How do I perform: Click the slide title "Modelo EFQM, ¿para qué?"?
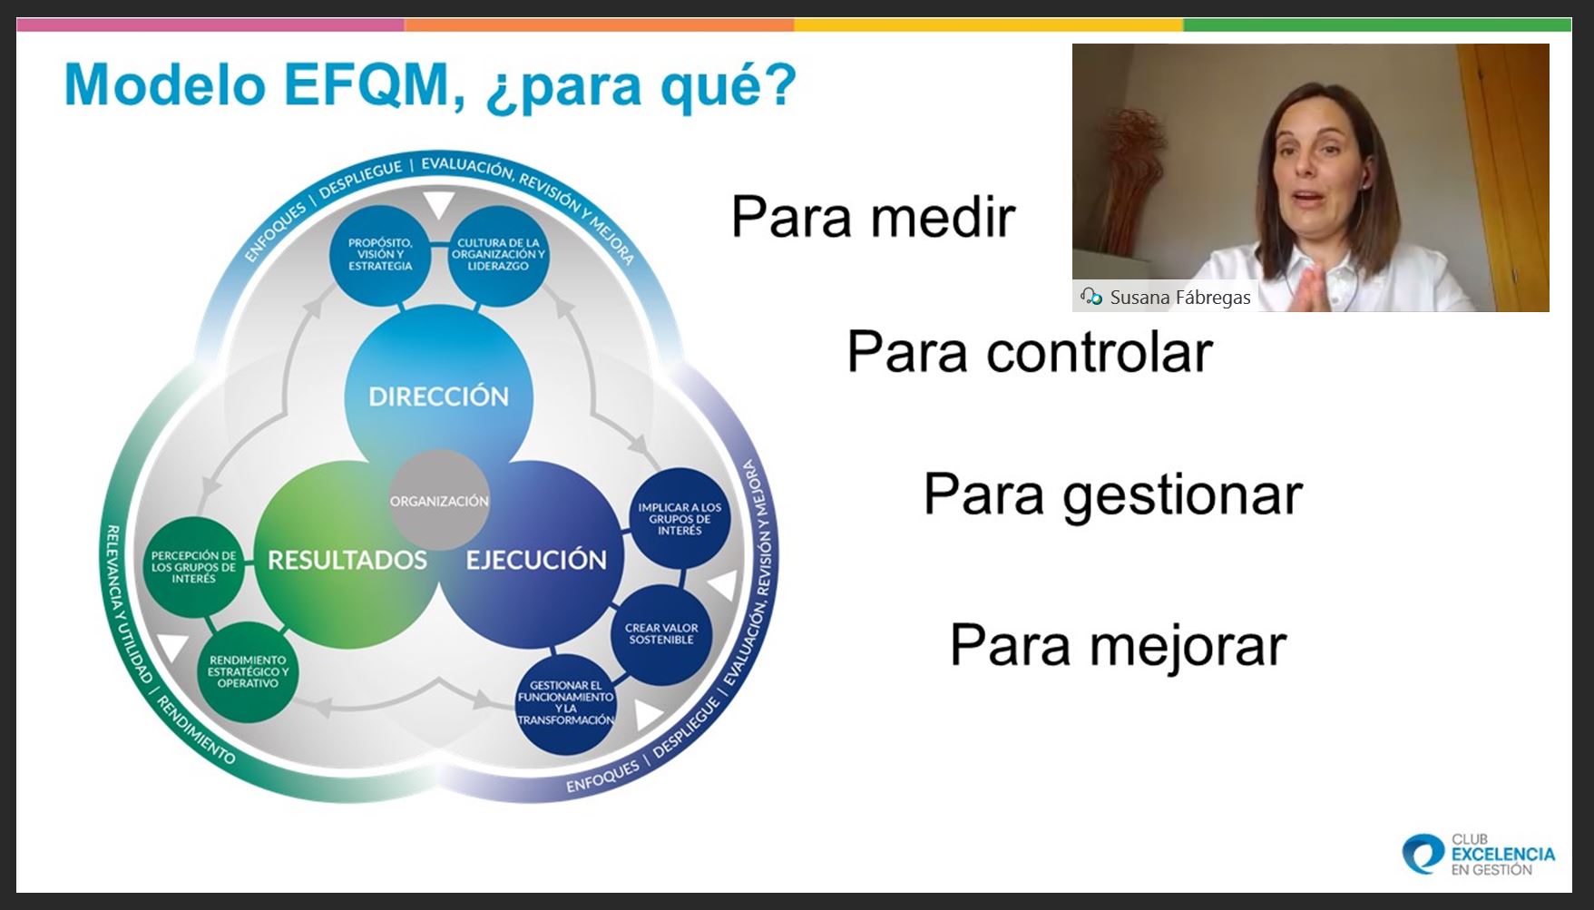430,86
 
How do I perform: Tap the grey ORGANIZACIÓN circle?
439,500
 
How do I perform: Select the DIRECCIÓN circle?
439,396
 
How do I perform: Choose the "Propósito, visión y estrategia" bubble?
380,254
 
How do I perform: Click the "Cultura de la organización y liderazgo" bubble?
498,254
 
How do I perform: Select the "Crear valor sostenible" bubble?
661,634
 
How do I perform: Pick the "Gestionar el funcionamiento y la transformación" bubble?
566,703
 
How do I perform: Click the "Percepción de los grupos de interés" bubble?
193,567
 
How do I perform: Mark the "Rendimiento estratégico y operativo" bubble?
248,671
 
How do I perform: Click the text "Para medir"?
874,218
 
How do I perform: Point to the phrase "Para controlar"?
1030,352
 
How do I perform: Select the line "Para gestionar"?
1113,496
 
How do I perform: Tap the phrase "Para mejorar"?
1119,647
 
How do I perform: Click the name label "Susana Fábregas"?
1180,298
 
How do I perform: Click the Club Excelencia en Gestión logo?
1479,855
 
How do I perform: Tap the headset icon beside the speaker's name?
1090,297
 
